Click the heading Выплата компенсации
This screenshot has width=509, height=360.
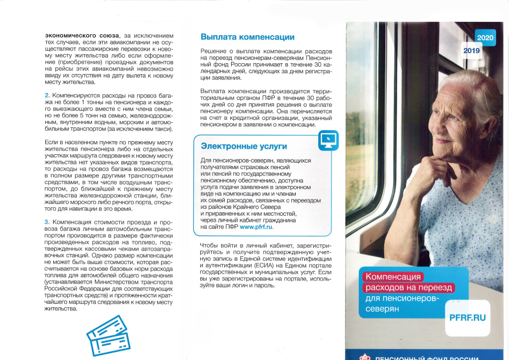(247, 37)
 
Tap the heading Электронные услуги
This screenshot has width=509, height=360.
(244, 146)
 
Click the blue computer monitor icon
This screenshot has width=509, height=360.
(328, 140)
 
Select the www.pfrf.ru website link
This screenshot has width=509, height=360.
(256, 227)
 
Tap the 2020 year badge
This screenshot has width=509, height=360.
(485, 38)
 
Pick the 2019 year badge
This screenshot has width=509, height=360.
(471, 51)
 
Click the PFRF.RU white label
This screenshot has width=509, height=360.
(467, 317)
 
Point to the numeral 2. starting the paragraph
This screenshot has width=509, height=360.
(47, 95)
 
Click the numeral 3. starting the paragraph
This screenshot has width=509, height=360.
(47, 222)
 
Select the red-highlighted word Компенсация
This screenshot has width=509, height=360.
(392, 277)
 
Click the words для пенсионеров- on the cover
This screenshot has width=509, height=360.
(402, 298)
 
